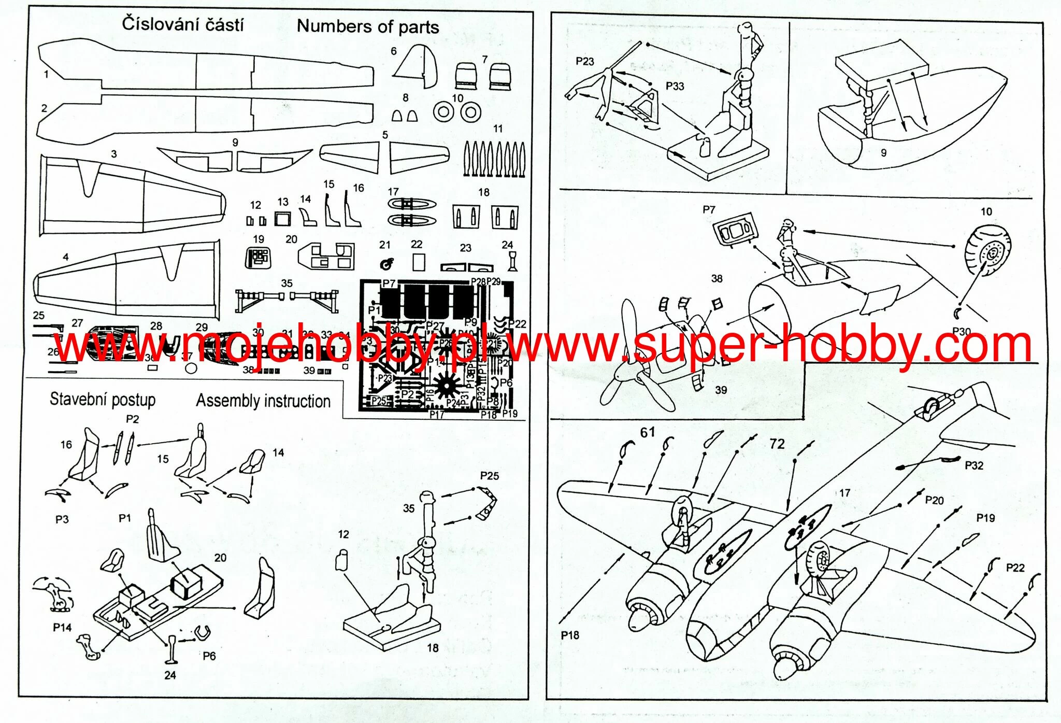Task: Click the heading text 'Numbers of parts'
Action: tap(368, 26)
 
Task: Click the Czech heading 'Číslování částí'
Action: tap(182, 24)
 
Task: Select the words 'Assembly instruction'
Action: tap(263, 401)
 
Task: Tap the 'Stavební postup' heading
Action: tap(103, 399)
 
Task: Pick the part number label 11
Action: tap(498, 129)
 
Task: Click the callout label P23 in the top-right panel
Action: tap(585, 61)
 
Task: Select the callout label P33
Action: tap(675, 86)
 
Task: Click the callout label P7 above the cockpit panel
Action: tap(709, 210)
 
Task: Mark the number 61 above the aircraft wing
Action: tap(648, 432)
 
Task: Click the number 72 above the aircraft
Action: tap(777, 444)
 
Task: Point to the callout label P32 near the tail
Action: tap(974, 465)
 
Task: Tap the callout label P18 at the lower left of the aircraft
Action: tap(570, 635)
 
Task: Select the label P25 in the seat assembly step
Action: tap(490, 476)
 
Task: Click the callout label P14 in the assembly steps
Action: tap(62, 628)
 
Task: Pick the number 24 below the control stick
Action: tap(170, 675)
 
